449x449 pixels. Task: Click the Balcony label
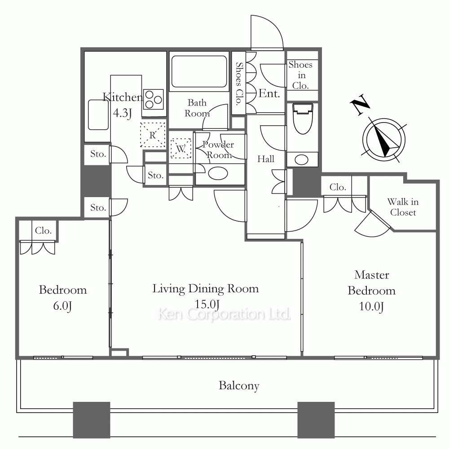pos(239,386)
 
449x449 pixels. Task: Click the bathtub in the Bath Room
pos(199,71)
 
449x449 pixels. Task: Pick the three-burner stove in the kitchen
pos(153,99)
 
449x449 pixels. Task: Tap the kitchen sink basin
pos(98,114)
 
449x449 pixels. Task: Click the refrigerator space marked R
pos(153,135)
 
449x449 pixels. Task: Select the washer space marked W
pos(180,148)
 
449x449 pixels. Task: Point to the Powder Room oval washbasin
pos(218,173)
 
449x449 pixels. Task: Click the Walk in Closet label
pos(403,207)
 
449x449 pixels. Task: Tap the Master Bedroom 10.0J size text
pos(371,306)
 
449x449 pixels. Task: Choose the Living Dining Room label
pos(206,289)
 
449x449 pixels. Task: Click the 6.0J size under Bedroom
pos(62,306)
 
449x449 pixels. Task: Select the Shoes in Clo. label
pos(300,75)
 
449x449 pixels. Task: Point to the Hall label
pos(266,159)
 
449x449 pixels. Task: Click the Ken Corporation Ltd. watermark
pos(224,314)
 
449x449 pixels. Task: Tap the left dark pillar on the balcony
pos(92,420)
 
